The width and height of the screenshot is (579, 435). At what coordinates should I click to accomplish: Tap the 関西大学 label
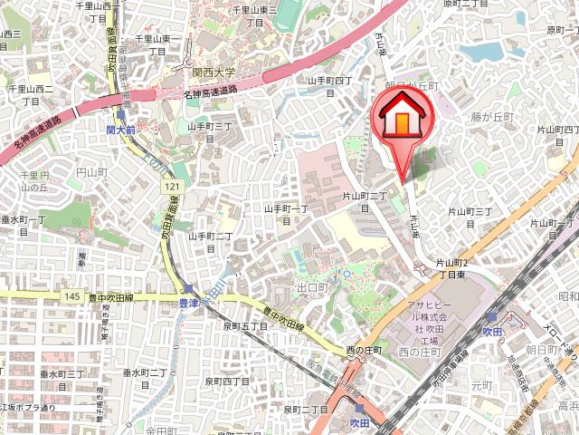(213, 72)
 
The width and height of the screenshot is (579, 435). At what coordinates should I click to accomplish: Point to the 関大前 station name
(120, 130)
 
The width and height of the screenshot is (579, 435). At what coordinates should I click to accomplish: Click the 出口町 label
(310, 287)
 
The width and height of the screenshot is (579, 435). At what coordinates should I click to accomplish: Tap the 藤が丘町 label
(491, 118)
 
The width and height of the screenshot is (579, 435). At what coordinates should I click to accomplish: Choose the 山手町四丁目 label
(329, 81)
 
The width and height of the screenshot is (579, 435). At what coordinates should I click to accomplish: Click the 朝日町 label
(539, 349)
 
